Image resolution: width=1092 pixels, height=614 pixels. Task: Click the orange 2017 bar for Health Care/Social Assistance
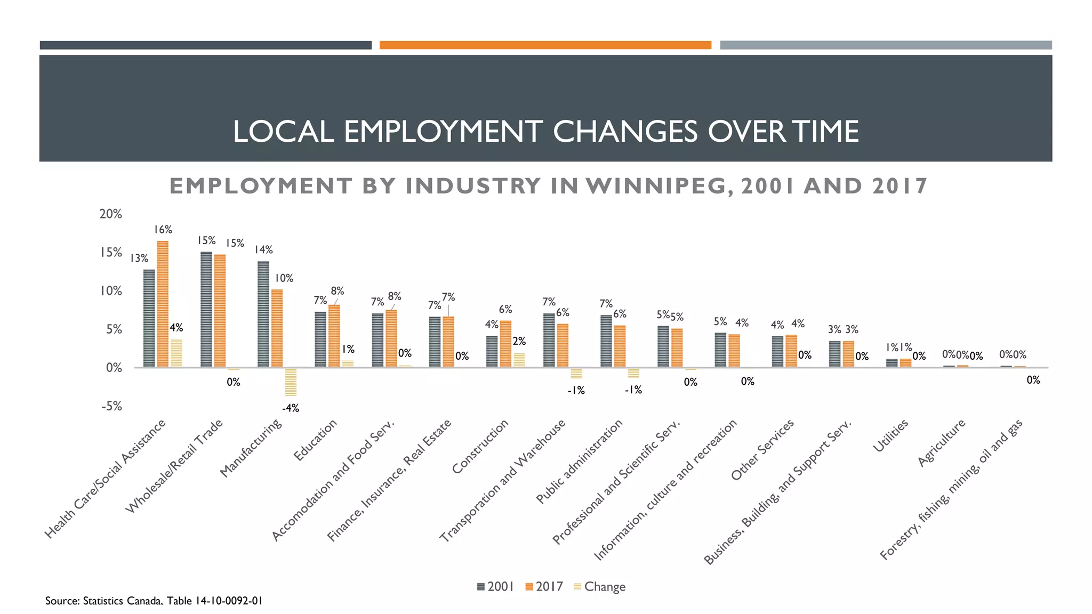[163, 304]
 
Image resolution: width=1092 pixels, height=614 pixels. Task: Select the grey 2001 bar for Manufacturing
[263, 314]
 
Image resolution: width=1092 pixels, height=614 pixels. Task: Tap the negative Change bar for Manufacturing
[291, 382]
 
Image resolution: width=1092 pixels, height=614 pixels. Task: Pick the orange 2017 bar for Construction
[505, 344]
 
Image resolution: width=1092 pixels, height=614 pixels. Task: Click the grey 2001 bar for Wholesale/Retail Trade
[206, 309]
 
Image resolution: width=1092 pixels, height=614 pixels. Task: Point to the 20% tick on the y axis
[111, 214]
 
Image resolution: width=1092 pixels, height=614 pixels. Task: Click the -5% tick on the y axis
[111, 406]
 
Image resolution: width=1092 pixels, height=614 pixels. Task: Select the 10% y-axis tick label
[111, 291]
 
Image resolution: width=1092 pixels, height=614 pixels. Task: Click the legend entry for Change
[599, 587]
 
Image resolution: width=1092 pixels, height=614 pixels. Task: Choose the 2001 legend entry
[495, 587]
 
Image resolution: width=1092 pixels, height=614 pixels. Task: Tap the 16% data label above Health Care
[163, 230]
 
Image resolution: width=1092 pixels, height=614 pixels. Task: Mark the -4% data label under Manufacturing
[291, 408]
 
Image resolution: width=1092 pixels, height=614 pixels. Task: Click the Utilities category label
[890, 436]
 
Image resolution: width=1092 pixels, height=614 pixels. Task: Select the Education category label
[316, 440]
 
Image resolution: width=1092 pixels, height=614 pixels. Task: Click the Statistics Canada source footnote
[154, 601]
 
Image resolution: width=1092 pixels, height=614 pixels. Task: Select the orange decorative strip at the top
[545, 45]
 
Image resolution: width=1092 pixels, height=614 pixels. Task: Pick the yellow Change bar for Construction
[519, 360]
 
